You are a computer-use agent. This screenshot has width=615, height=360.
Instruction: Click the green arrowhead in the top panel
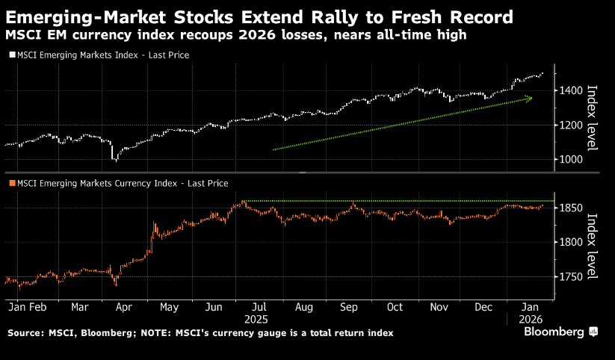530,98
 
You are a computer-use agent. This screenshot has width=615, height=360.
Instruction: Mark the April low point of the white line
115,159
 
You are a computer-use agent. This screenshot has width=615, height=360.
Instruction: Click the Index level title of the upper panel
593,117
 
